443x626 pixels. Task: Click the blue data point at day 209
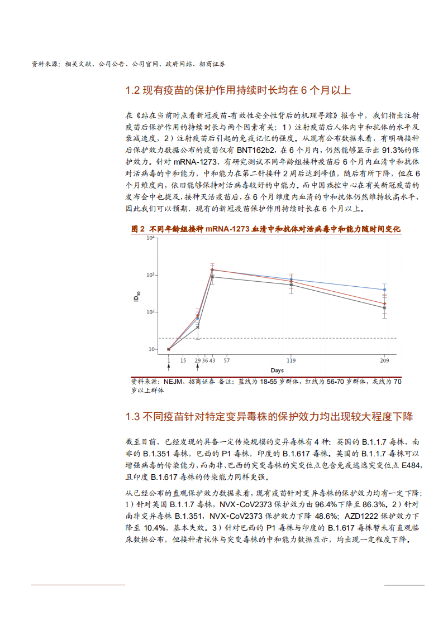[x=384, y=290]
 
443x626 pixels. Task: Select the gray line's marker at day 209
[x=384, y=307]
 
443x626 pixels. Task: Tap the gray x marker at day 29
[x=198, y=327]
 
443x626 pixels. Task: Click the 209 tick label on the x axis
[x=384, y=360]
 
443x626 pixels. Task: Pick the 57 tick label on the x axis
[x=227, y=360]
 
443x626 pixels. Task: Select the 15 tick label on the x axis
[x=183, y=360]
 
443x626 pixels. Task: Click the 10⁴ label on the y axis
[x=150, y=238]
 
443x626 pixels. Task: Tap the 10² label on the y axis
[x=150, y=312]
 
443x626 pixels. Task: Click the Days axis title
[x=277, y=370]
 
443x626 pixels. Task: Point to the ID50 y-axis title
[x=136, y=298]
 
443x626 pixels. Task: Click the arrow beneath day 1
[x=169, y=367]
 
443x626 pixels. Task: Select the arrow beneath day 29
[x=198, y=367]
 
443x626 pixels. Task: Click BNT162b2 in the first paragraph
[x=256, y=150]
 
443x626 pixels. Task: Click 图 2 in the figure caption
[x=137, y=229]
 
